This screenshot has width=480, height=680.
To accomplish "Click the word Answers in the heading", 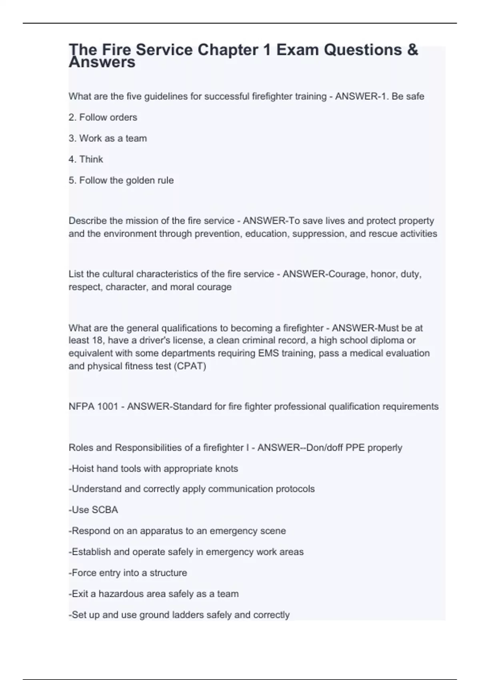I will pos(102,62).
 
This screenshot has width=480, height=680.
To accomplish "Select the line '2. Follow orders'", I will pos(103,117).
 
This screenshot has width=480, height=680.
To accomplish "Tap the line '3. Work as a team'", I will pos(108,138).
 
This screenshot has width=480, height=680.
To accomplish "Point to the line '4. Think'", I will pos(86,159).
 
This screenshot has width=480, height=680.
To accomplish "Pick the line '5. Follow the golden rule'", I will pos(121,180).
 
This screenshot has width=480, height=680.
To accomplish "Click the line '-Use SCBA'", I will pos(93,510).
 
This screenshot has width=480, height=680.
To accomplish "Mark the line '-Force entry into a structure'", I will pos(128,573).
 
